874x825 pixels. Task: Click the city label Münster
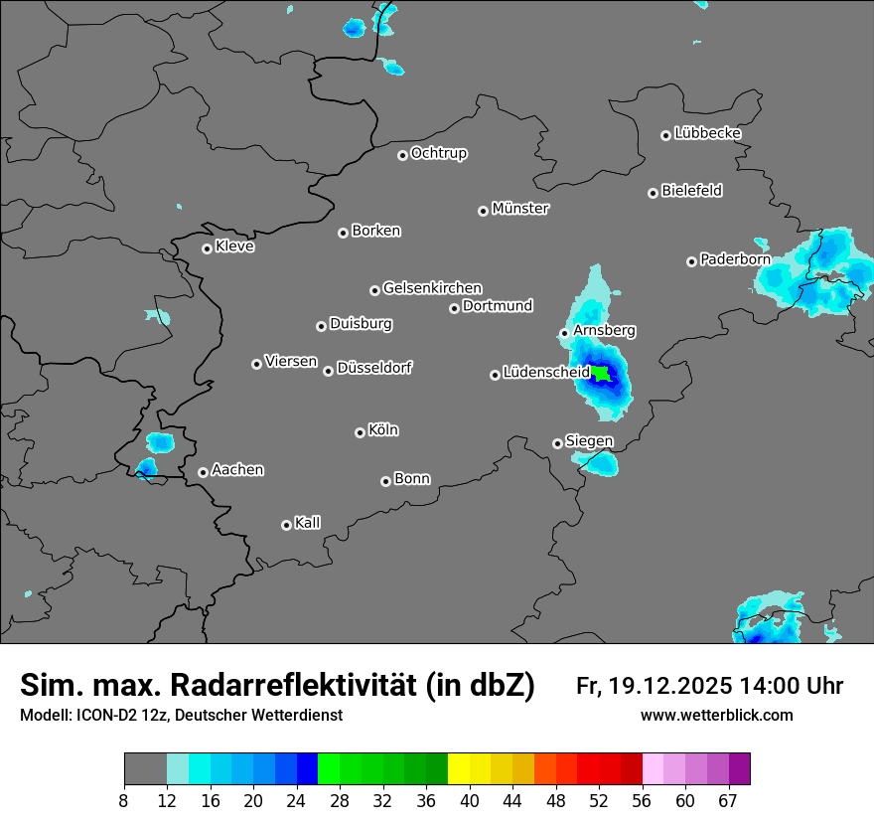point(520,209)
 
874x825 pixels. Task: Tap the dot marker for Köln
point(360,432)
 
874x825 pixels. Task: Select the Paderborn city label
point(735,259)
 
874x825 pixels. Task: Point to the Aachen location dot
point(203,472)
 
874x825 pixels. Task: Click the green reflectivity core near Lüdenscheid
point(601,374)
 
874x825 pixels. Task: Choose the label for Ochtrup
point(439,153)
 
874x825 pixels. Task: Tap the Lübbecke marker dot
point(665,135)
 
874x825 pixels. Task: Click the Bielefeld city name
point(692,191)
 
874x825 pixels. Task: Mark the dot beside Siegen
point(557,443)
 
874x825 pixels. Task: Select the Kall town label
point(308,523)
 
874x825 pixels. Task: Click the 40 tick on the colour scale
point(470,800)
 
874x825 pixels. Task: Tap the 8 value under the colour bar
point(124,800)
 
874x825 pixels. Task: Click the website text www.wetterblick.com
point(717,716)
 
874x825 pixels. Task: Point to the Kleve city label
point(235,247)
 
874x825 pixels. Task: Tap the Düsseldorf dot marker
point(328,371)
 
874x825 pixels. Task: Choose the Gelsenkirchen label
point(432,288)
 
